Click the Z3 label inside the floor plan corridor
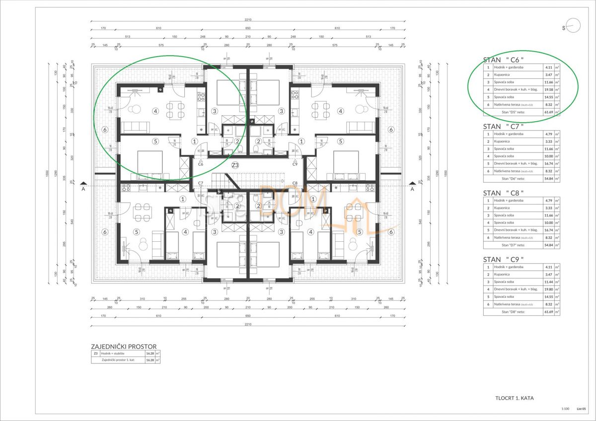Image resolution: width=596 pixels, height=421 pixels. (235, 165)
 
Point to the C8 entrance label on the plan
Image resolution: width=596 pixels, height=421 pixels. (295, 183)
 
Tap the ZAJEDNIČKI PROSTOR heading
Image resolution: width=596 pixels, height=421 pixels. (124, 347)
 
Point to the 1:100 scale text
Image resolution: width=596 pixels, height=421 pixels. (565, 409)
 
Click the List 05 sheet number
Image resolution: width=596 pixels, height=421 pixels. (581, 409)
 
